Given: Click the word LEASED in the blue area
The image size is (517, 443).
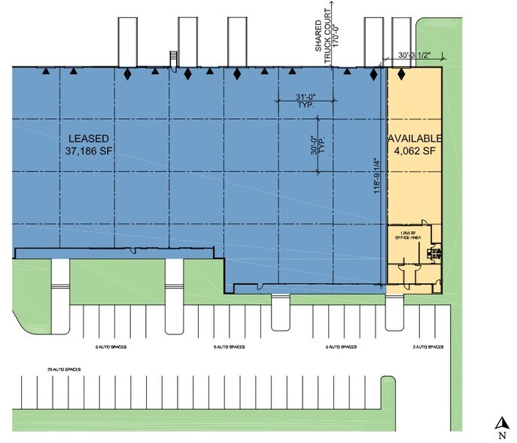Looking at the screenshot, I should click(89, 139).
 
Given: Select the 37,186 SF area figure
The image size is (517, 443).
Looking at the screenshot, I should click(89, 151).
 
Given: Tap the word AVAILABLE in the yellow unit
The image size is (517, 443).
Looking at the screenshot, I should click(414, 139).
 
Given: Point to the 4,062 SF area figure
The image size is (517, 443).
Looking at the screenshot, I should click(414, 151).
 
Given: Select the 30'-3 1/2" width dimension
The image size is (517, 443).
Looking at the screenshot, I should click(414, 55).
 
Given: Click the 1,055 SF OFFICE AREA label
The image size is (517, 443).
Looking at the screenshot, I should click(406, 235).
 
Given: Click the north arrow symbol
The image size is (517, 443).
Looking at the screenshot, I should click(499, 423).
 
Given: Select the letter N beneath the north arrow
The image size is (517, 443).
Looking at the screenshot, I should click(499, 435).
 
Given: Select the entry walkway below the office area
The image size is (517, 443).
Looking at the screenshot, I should click(394, 313).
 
